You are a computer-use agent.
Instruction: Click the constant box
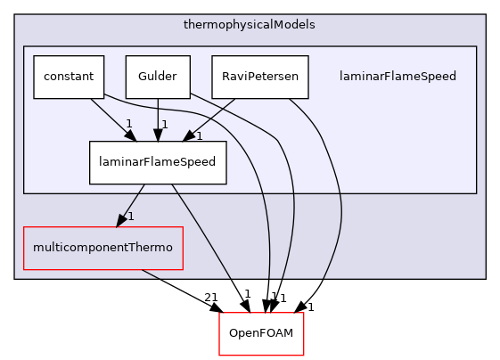pyautogui.click(x=69, y=77)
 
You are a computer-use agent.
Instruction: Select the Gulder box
pyautogui.click(x=157, y=77)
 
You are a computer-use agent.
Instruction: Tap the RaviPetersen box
pyautogui.click(x=260, y=77)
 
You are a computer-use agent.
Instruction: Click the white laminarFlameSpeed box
pyautogui.click(x=157, y=162)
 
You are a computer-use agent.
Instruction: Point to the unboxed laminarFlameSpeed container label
pyautogui.click(x=398, y=77)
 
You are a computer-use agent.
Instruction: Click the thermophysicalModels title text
pyautogui.click(x=250, y=25)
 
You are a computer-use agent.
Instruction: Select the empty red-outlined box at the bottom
pyautogui.click(x=262, y=334)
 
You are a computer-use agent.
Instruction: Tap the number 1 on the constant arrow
pyautogui.click(x=128, y=125)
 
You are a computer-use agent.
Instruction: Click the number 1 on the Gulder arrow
pyautogui.click(x=164, y=125)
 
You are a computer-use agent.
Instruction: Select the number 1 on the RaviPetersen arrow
pyautogui.click(x=200, y=135)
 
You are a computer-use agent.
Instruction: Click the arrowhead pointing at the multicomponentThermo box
pyautogui.click(x=119, y=222)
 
